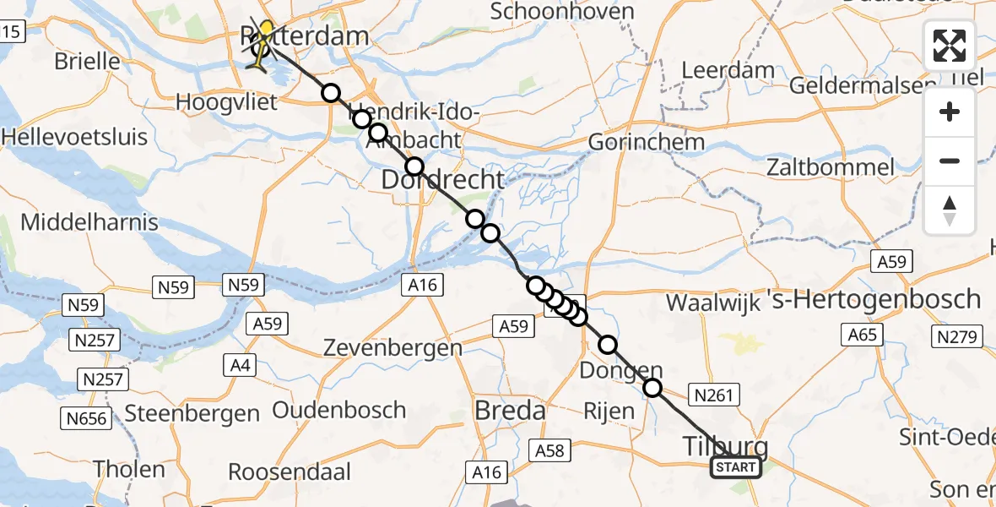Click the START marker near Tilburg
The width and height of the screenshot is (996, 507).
736,467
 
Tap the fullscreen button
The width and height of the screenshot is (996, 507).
950,45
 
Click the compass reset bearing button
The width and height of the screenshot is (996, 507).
950,210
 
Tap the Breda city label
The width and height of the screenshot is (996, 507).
510,412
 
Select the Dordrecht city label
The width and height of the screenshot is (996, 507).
443,179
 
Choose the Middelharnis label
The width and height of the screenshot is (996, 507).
89,223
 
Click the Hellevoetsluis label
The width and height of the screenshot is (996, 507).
75,137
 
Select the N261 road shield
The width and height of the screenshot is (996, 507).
714,394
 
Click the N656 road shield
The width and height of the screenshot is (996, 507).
88,417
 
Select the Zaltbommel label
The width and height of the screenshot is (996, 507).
831,166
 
